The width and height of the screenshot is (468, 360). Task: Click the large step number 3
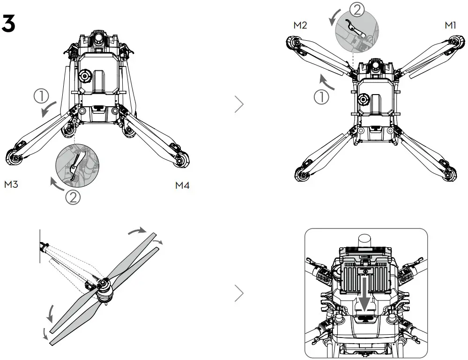tap(9, 24)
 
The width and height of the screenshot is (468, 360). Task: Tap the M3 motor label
tap(11, 184)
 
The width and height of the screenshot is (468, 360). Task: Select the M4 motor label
tap(182, 185)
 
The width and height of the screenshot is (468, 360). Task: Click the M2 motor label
tap(300, 25)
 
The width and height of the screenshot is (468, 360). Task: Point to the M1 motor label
tap(450, 25)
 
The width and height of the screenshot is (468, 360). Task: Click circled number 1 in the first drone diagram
tap(41, 96)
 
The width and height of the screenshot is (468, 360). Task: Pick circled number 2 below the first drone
tap(73, 197)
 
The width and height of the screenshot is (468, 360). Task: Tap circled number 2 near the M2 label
tap(357, 9)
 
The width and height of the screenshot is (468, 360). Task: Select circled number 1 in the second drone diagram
tap(321, 97)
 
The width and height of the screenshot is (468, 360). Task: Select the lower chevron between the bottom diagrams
tap(239, 293)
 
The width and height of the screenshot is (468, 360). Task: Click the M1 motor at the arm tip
tap(453, 43)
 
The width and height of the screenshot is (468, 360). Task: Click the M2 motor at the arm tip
tap(294, 44)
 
